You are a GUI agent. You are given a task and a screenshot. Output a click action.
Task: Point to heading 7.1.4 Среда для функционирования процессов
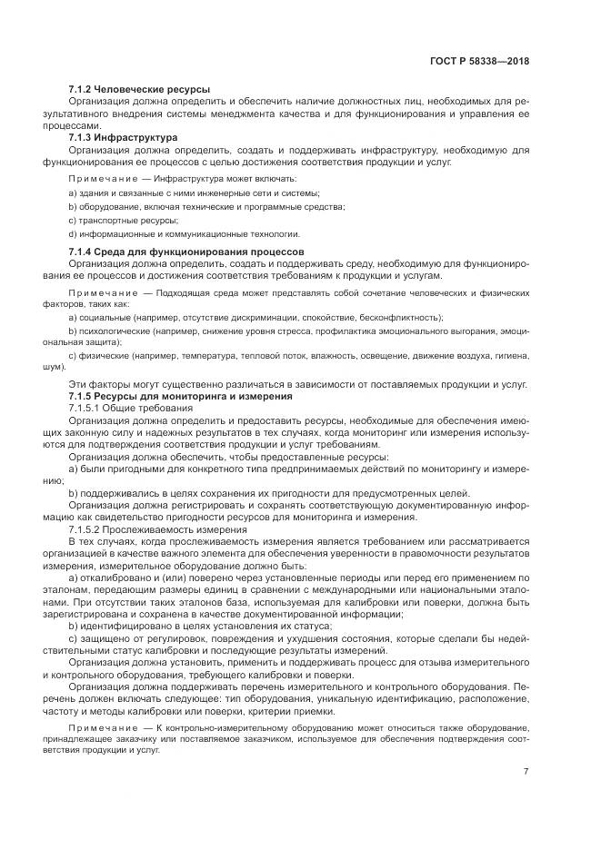click(186, 251)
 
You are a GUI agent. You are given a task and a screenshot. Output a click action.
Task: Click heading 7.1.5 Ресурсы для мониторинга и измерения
click(180, 397)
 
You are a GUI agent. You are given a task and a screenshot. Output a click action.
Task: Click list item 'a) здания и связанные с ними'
click(194, 193)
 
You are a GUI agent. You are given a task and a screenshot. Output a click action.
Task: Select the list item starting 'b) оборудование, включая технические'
click(206, 207)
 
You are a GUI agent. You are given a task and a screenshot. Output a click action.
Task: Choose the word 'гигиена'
click(515, 358)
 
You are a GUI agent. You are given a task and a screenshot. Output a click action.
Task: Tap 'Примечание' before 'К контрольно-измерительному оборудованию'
click(102, 728)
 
